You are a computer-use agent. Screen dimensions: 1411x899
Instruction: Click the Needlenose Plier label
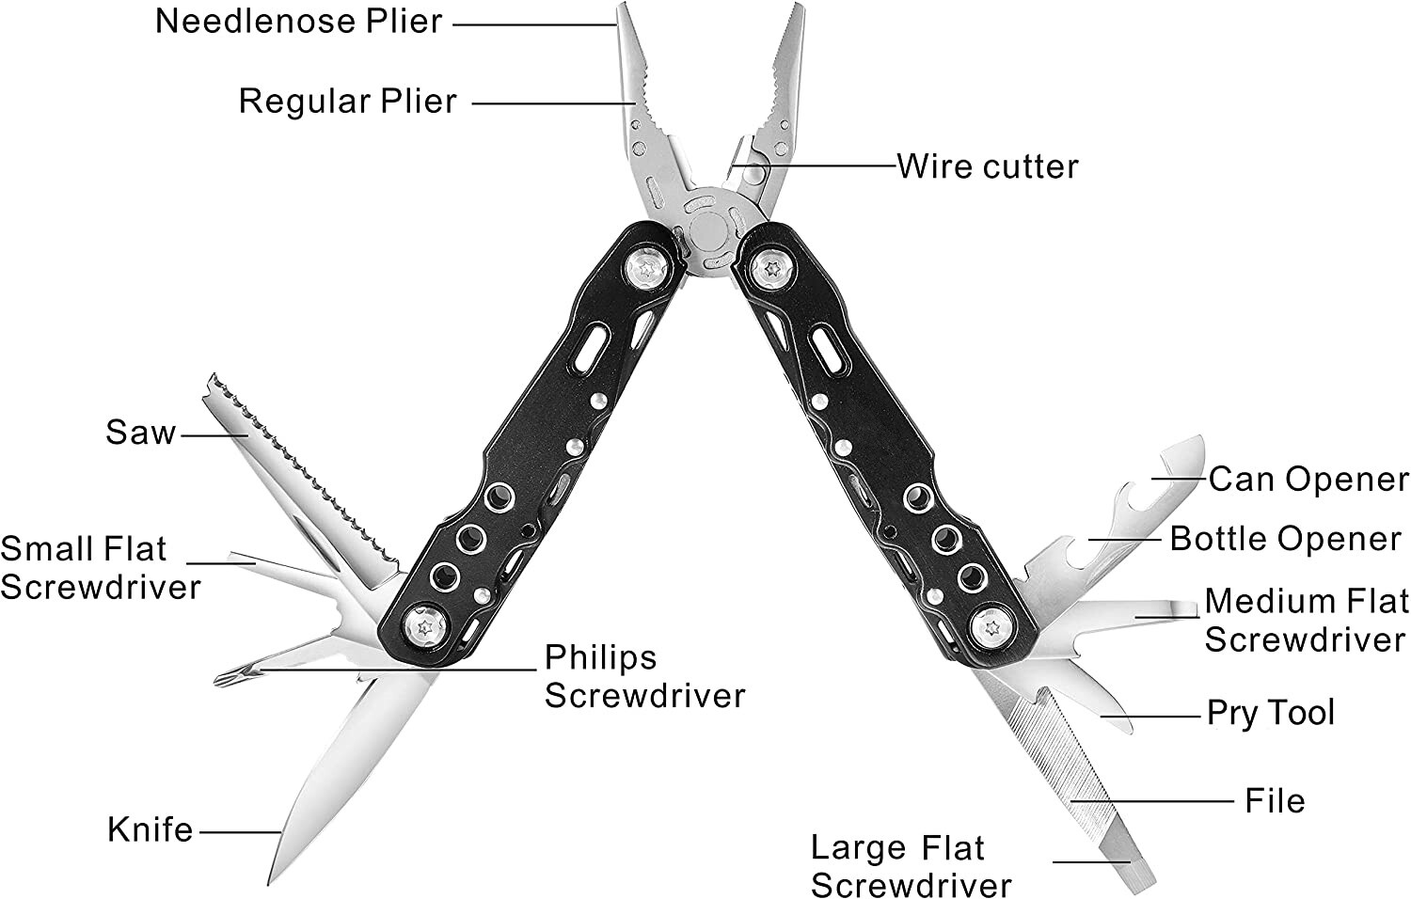click(298, 22)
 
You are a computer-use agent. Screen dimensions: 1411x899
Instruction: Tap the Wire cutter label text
click(988, 166)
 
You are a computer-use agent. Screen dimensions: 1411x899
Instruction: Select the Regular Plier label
click(347, 102)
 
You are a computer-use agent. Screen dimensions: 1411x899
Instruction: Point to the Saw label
click(140, 433)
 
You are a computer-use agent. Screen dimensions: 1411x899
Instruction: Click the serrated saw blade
click(302, 479)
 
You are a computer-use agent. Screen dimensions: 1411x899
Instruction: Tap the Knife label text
click(150, 829)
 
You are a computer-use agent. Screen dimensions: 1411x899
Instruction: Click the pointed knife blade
click(341, 774)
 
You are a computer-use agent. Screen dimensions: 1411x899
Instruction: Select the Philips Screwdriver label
click(644, 677)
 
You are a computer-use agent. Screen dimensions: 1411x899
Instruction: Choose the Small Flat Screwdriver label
click(101, 568)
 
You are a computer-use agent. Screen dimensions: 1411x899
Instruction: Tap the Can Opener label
click(1308, 480)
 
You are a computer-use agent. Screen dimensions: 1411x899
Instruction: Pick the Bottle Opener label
click(1285, 540)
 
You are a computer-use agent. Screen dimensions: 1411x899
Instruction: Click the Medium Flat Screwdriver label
click(1307, 621)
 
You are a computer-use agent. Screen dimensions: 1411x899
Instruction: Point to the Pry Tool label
click(1271, 713)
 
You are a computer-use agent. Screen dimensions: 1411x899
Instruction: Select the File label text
click(1275, 801)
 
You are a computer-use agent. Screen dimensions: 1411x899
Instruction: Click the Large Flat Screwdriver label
click(911, 866)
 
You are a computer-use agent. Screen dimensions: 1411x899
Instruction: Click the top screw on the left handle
click(647, 269)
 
